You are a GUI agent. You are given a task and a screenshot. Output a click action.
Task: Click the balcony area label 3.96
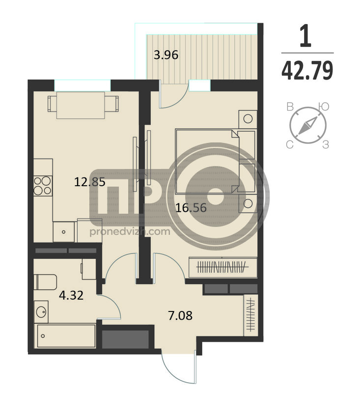[166, 55]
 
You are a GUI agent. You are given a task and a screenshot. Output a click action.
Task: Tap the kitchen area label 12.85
[90, 182]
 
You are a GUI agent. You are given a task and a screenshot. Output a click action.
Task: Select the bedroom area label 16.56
[191, 208]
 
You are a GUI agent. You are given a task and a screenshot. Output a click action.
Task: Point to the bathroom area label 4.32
[71, 295]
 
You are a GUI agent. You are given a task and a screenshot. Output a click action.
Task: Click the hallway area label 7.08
[180, 315]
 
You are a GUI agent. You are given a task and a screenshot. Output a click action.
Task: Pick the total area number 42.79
[307, 70]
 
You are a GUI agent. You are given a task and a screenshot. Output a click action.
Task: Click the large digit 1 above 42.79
[305, 35]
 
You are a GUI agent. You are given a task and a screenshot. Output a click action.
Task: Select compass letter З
[326, 144]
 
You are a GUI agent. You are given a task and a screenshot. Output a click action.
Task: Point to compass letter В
[290, 107]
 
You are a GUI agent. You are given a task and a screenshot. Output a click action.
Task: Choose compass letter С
[290, 144]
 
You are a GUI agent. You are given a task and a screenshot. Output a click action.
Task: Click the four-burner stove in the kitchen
[43, 186]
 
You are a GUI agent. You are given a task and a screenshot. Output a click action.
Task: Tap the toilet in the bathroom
[45, 282]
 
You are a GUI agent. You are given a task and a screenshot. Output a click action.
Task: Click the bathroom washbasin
[41, 312]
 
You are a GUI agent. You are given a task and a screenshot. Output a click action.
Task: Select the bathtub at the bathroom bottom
[66, 336]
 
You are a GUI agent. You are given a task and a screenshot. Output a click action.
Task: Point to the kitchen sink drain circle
[64, 232]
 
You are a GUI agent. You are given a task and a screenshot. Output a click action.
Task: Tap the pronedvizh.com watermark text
[130, 231]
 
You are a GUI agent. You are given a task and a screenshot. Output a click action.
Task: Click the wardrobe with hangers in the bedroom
[223, 267]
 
